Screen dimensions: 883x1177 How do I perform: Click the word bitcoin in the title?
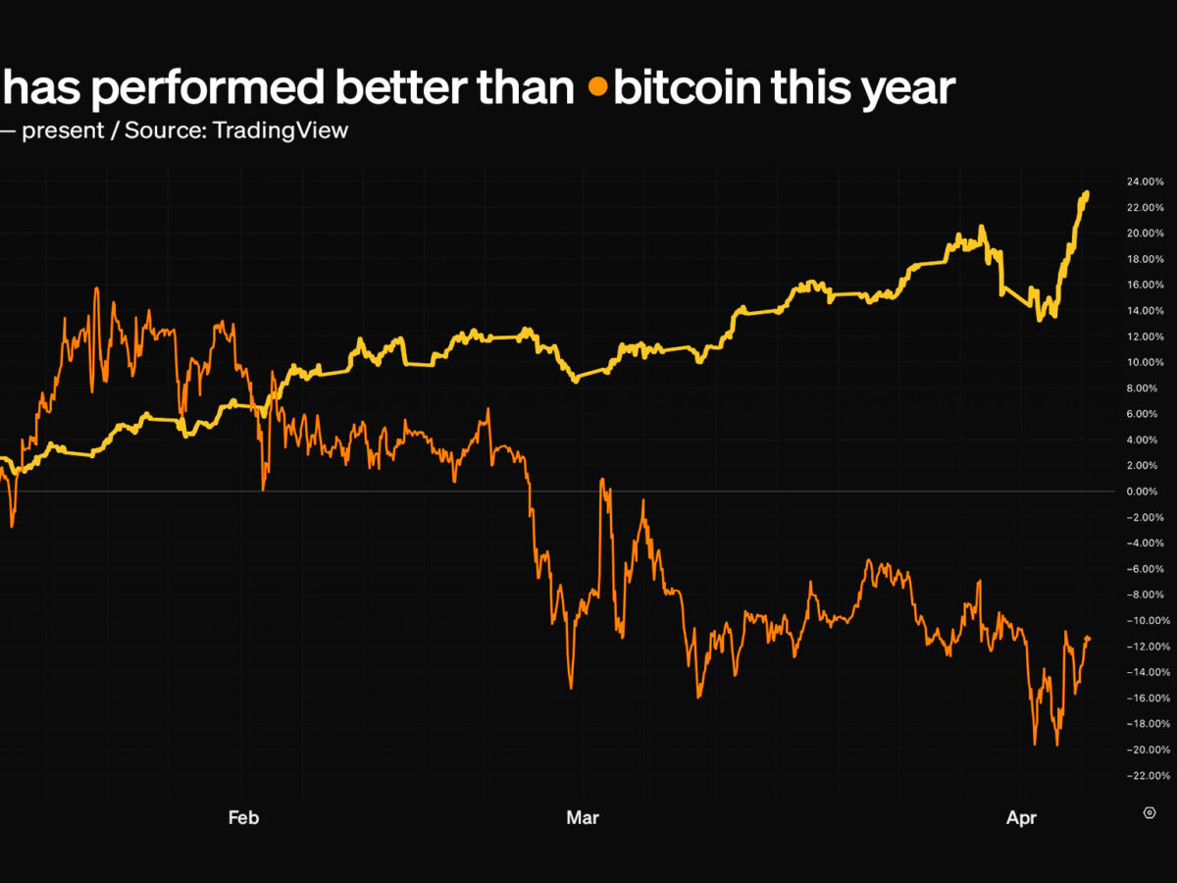(x=687, y=88)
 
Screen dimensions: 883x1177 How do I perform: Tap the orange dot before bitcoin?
(x=597, y=88)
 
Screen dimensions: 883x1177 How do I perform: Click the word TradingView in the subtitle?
(x=280, y=130)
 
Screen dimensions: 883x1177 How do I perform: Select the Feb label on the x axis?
(x=243, y=817)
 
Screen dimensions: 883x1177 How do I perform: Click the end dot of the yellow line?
(x=1087, y=194)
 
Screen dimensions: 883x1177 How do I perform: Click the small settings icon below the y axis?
(x=1149, y=812)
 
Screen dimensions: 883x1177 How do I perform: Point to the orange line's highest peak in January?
(x=96, y=288)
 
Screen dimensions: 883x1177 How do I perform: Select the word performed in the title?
(x=210, y=88)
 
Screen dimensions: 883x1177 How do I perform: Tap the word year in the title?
(x=911, y=88)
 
